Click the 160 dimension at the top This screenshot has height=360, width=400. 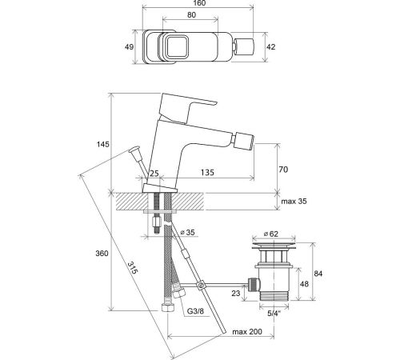click(198, 3)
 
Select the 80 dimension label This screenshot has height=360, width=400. click(191, 15)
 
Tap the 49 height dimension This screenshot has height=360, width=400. click(130, 47)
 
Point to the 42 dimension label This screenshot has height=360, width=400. click(271, 47)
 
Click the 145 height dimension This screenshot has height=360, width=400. click(103, 144)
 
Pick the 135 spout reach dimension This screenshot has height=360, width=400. click(207, 173)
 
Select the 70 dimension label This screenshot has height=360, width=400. click(283, 170)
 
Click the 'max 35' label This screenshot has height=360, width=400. click(294, 201)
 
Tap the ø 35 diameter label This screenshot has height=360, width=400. click(187, 232)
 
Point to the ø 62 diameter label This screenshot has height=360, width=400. click(270, 234)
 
